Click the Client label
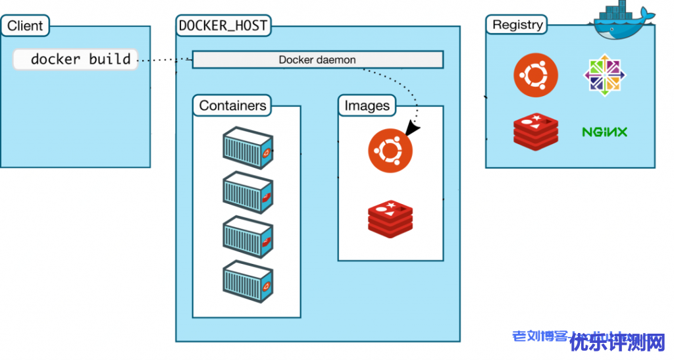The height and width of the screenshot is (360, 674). pyautogui.click(x=25, y=26)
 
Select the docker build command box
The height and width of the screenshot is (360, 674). pyautogui.click(x=76, y=59)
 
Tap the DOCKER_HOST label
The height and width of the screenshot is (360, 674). pyautogui.click(x=223, y=26)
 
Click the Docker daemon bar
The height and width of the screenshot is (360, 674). pyautogui.click(x=317, y=60)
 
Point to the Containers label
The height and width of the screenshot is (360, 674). pyautogui.click(x=233, y=105)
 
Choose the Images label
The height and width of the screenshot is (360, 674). pyautogui.click(x=367, y=105)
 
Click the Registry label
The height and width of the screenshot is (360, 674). pyautogui.click(x=518, y=25)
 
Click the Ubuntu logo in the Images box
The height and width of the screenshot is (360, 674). pyautogui.click(x=390, y=151)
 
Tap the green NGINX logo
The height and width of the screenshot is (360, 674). pyautogui.click(x=604, y=132)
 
